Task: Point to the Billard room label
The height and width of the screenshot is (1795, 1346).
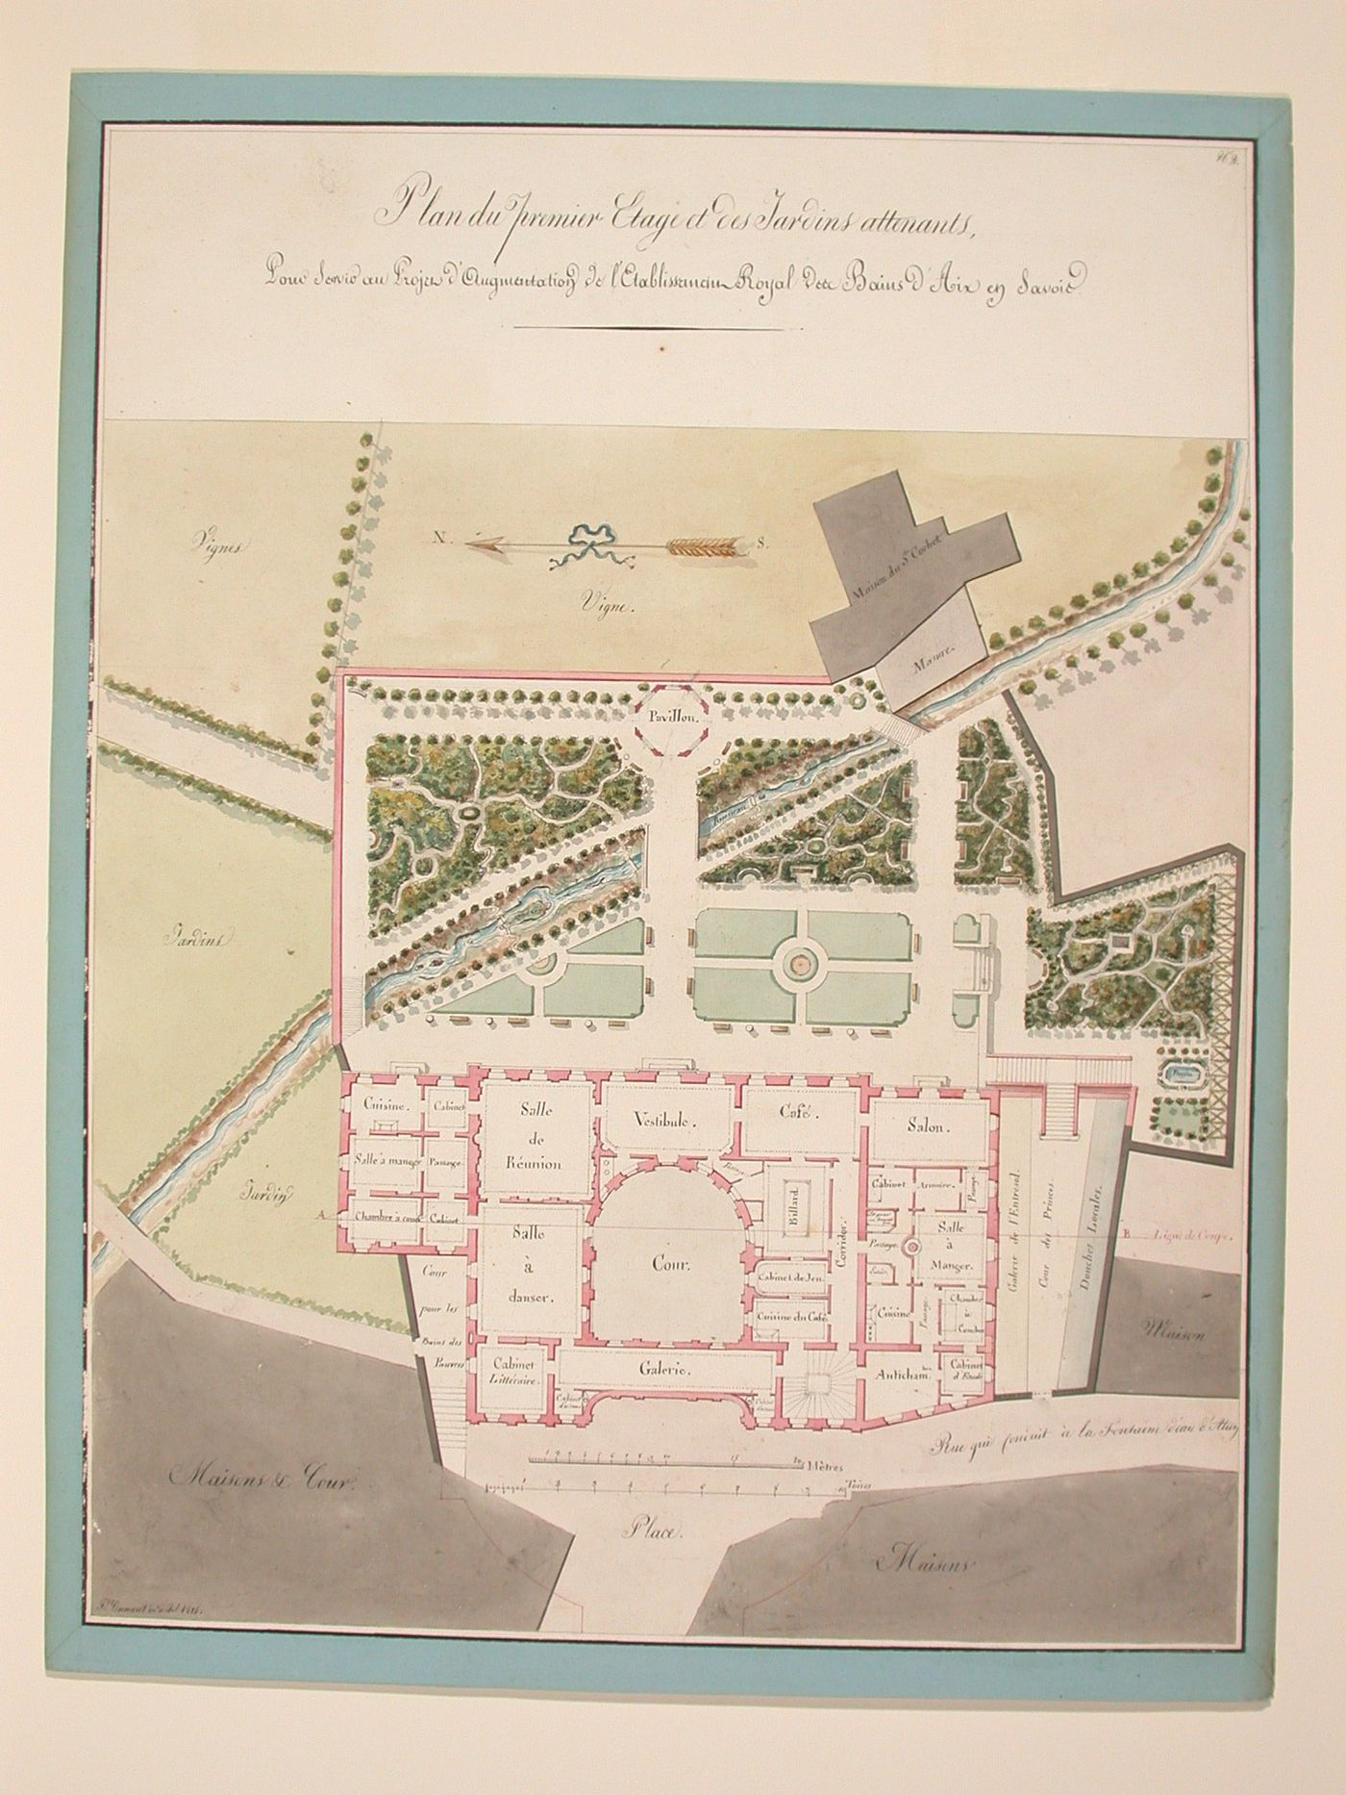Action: (x=795, y=1205)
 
